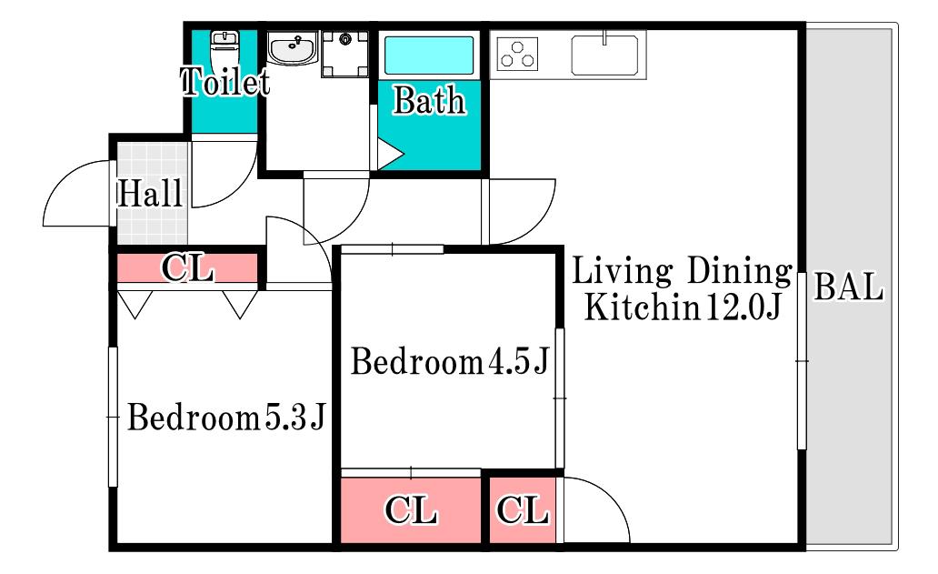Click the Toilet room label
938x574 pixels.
tap(225, 81)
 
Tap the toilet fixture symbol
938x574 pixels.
tap(225, 50)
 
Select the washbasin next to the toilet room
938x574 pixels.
tap(292, 48)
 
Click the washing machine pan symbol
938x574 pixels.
tap(345, 55)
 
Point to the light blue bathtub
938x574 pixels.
tap(429, 55)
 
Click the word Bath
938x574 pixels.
tap(430, 101)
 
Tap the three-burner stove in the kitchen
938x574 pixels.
tap(517, 54)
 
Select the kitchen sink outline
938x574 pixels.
tap(604, 55)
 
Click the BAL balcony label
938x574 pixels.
tap(849, 287)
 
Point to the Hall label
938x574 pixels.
tap(150, 194)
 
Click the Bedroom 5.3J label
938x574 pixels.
tap(226, 418)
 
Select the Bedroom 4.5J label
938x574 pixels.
tap(449, 361)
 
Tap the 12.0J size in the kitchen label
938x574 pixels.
tap(743, 307)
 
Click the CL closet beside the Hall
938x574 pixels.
tap(187, 268)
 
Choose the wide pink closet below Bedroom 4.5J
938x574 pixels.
tap(411, 510)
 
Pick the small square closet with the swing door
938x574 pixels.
tap(523, 510)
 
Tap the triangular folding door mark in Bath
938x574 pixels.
tap(390, 155)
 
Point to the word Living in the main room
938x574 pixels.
tap(623, 271)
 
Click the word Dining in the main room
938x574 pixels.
tap(740, 271)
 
